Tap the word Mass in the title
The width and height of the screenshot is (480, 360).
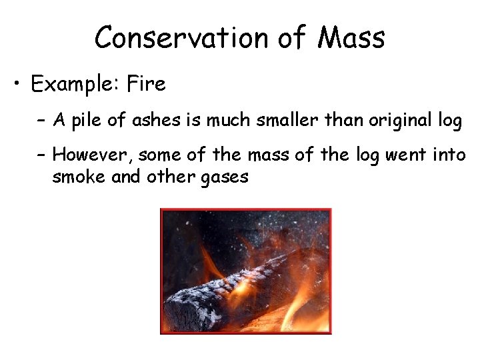point(351,38)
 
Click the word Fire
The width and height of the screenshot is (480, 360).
point(147,85)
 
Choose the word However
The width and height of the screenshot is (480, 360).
point(92,156)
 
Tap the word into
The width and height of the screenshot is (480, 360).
point(451,156)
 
